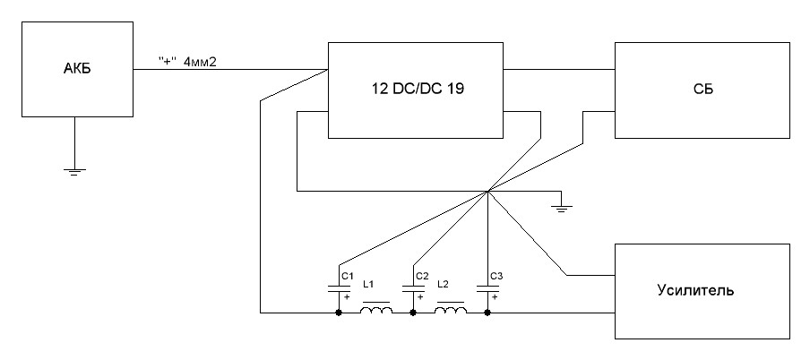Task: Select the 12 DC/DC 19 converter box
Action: (x=418, y=90)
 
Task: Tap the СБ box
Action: (x=702, y=90)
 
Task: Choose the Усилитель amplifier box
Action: (x=702, y=291)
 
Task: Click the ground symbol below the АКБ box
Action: (x=73, y=169)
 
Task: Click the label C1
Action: (x=348, y=275)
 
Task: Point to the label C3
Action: (x=497, y=275)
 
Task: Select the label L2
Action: (x=443, y=284)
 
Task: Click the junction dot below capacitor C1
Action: (x=338, y=313)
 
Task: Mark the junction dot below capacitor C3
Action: (x=487, y=313)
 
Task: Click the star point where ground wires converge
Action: (x=487, y=191)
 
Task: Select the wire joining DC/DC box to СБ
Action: (x=560, y=67)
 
